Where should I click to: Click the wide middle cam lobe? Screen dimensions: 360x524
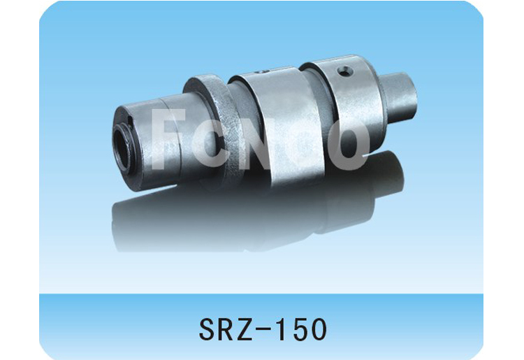(269, 119)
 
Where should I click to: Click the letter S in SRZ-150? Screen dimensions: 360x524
(207, 329)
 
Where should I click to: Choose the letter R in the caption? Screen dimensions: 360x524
(228, 329)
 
